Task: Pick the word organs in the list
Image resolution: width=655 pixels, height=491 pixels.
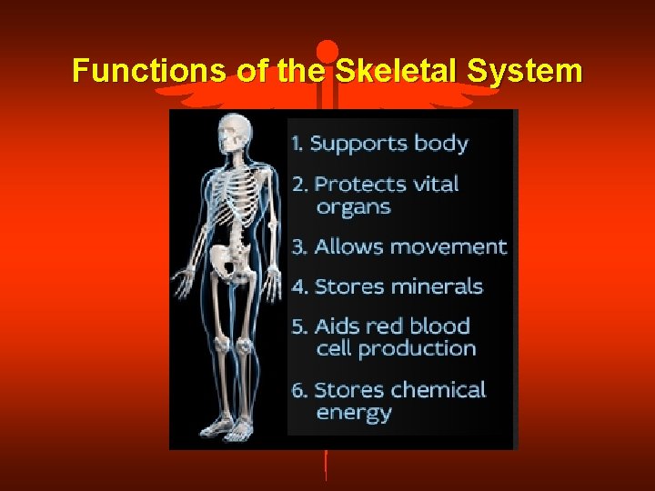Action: (353, 207)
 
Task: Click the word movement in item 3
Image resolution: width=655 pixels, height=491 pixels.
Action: (452, 246)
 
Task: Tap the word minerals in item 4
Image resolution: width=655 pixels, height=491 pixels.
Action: (434, 286)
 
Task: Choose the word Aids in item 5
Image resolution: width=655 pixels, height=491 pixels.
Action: (337, 326)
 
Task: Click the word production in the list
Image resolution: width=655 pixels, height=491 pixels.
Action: (417, 348)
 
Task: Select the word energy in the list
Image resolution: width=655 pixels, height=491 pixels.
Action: (353, 413)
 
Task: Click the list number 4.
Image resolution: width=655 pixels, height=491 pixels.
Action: (298, 287)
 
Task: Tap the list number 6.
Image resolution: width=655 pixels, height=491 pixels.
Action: (298, 391)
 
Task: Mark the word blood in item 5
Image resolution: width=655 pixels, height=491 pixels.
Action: (439, 326)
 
